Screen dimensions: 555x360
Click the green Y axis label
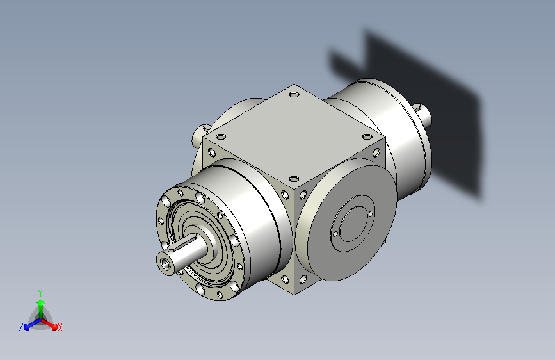40,293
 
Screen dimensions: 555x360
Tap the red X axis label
60,327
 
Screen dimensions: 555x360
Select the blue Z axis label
21,327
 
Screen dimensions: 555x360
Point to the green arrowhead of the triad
41,303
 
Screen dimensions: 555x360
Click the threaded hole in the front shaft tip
165,263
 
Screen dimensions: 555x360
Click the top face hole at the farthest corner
294,95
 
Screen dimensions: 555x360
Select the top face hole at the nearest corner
294,179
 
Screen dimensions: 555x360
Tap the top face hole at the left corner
221,137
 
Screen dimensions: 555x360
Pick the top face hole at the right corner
367,137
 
